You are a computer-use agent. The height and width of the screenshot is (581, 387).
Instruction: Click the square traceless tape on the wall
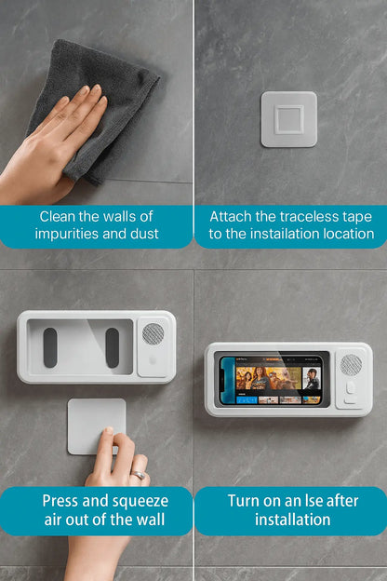289,119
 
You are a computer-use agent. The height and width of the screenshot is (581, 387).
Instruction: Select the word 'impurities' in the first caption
67,235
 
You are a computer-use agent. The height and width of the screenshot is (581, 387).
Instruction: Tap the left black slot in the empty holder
50,347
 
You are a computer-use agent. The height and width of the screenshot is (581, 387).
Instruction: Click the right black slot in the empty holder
113,347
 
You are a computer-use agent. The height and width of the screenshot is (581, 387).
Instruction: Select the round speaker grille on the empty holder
153,334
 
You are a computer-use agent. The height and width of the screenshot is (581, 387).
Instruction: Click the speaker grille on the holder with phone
351,365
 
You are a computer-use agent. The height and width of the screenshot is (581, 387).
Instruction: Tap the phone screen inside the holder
271,381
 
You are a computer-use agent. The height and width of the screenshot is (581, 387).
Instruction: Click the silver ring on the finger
138,475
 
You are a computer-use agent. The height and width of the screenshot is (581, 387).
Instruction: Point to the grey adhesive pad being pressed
97,426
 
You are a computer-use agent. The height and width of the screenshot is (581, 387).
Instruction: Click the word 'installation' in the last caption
292,520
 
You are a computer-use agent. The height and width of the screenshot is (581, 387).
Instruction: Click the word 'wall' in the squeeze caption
151,520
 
